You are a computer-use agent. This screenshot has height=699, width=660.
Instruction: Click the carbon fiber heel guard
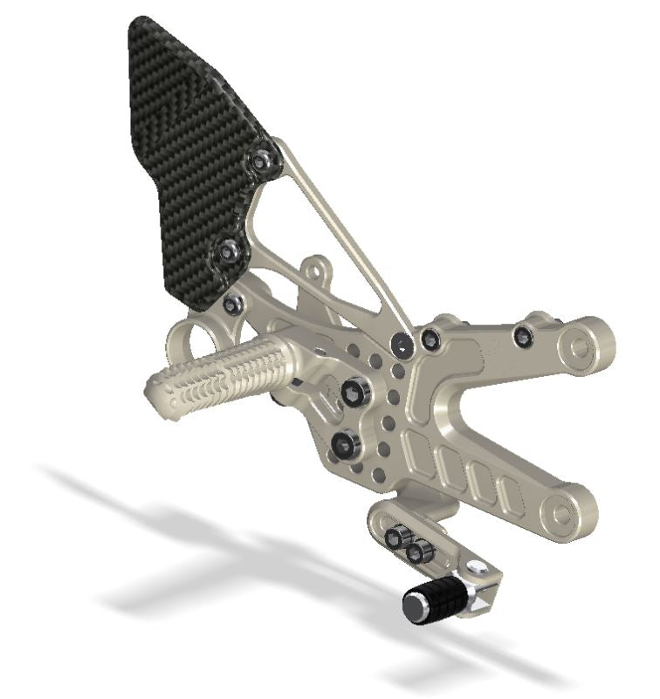pyautogui.click(x=183, y=148)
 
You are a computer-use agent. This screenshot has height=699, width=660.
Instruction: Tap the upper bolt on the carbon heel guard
pyautogui.click(x=261, y=161)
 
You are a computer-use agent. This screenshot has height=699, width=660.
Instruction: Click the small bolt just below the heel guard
pyautogui.click(x=232, y=305)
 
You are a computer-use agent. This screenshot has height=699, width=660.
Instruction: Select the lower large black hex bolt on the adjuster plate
pyautogui.click(x=345, y=445)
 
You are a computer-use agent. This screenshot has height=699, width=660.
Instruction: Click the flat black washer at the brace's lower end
pyautogui.click(x=402, y=346)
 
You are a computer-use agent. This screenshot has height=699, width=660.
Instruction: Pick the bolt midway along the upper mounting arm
pyautogui.click(x=524, y=336)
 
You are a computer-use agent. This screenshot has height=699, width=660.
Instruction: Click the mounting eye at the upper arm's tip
pyautogui.click(x=580, y=347)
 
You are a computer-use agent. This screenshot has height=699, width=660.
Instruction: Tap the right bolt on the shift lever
pyautogui.click(x=422, y=551)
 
